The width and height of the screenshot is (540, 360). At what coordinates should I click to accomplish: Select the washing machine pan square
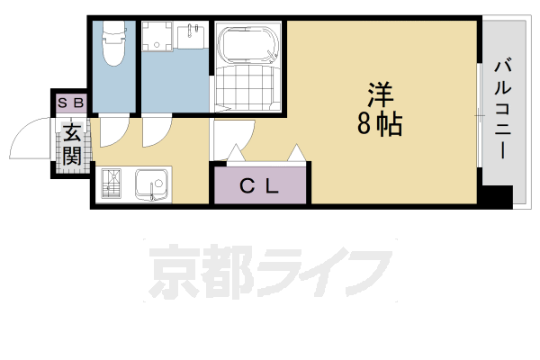tap(160, 39)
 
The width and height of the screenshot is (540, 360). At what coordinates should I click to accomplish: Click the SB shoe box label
tap(70, 102)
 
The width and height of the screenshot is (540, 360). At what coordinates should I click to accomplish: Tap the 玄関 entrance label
tap(71, 143)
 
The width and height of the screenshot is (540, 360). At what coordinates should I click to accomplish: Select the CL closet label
tap(259, 186)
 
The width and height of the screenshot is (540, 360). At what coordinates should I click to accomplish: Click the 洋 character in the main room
tap(380, 95)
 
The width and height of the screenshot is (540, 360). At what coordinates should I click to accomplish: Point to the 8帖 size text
tap(379, 124)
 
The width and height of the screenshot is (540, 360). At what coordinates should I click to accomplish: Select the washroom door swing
tap(157, 132)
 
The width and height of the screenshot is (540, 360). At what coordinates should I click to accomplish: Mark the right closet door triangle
tap(294, 154)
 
